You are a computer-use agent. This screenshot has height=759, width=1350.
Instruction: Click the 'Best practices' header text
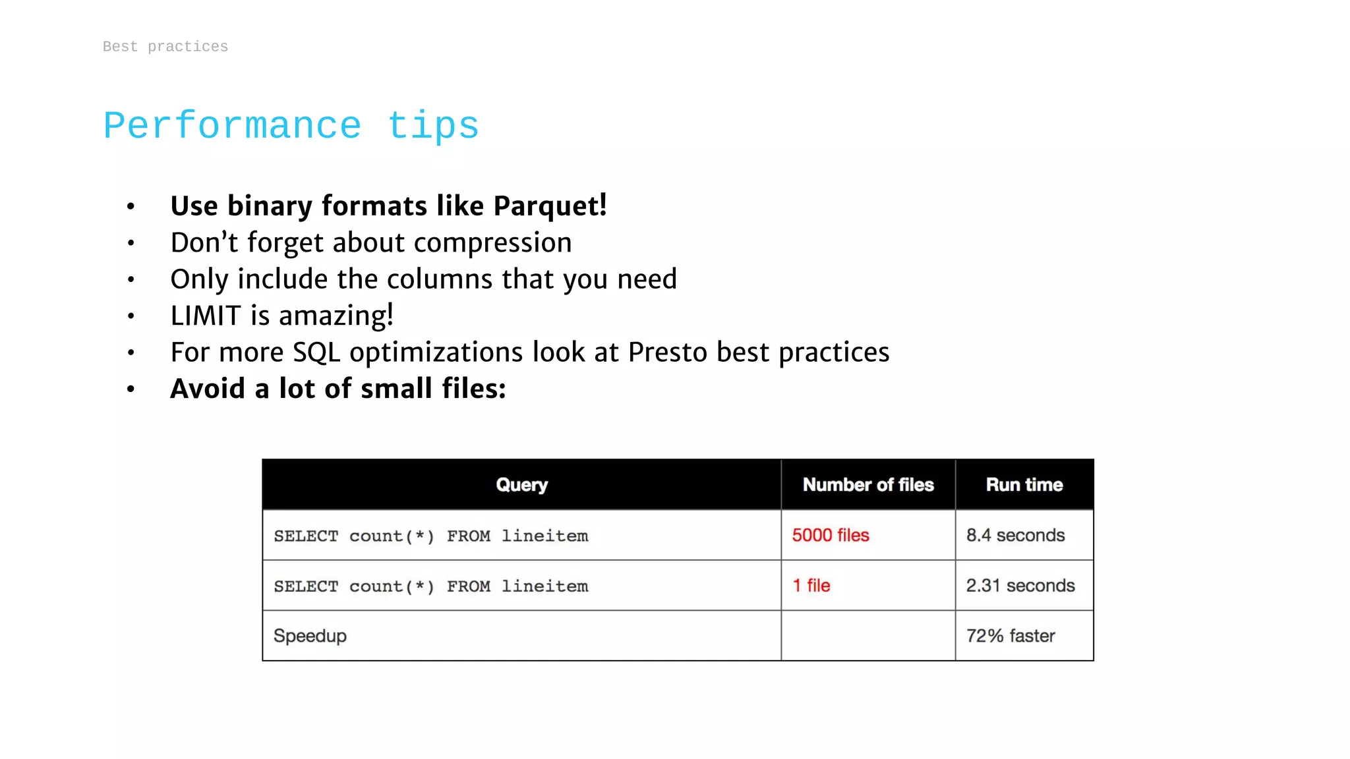165,47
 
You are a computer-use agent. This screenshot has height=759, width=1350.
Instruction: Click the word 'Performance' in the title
232,126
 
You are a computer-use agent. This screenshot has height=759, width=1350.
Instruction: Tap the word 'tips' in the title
432,126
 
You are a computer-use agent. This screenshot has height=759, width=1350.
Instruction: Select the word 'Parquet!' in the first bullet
550,206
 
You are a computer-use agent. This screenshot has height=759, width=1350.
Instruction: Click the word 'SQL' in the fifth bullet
316,352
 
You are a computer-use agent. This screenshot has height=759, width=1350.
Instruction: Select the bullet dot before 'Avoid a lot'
131,389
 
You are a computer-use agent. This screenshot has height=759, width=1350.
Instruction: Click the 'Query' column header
521,485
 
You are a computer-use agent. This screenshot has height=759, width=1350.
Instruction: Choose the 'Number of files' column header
868,485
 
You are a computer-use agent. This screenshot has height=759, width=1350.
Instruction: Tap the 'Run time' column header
1024,485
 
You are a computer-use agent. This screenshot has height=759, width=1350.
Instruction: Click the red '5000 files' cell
831,535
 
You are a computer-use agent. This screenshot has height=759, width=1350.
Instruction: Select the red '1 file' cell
811,586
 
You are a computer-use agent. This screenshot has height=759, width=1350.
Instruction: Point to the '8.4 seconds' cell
1015,535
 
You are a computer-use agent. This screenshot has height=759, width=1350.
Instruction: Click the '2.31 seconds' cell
1020,586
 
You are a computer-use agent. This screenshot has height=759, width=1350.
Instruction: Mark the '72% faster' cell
1011,636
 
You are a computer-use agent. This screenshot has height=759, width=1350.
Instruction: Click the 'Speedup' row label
310,636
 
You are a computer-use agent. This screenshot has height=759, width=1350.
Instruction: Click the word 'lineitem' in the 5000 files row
544,536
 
